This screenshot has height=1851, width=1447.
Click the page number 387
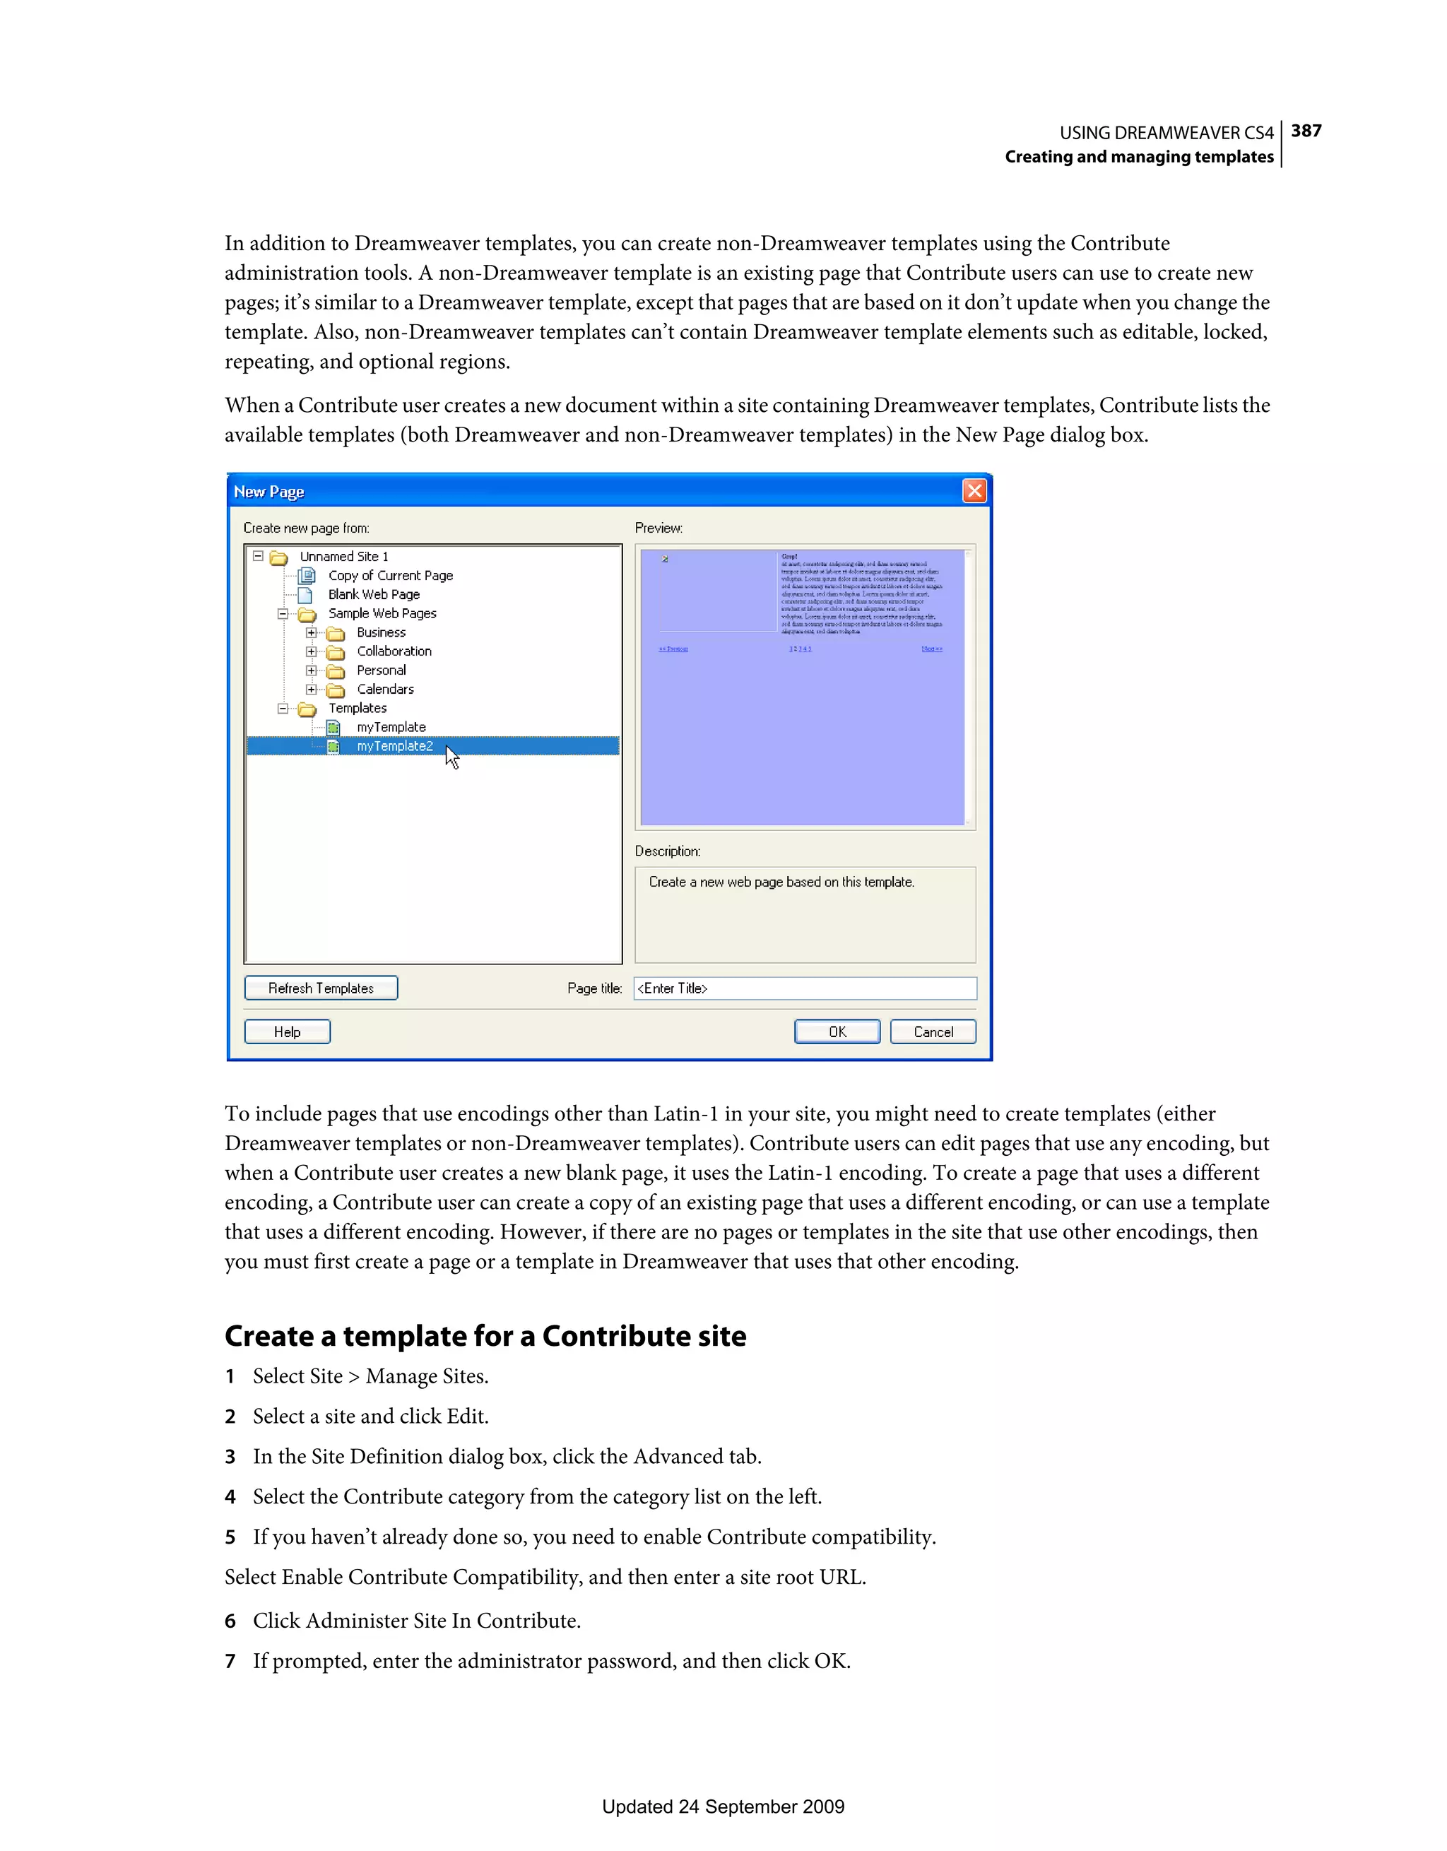coord(1306,131)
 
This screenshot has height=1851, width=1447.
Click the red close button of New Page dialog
coord(974,491)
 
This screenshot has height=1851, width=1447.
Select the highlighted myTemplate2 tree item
coord(394,746)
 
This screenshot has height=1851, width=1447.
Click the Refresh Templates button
coord(321,988)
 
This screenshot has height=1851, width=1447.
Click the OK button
coord(837,1031)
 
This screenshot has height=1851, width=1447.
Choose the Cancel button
coord(933,1031)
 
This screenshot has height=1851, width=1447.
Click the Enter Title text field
coord(805,988)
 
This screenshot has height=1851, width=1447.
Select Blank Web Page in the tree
coord(374,594)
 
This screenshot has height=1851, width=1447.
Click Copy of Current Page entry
coord(390,576)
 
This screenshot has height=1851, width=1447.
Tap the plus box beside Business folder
coord(311,633)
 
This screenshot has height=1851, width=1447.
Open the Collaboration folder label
coord(394,651)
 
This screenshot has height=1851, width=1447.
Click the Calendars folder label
coord(385,689)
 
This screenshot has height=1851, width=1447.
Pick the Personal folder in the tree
coord(381,670)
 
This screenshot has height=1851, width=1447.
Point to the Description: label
coord(667,851)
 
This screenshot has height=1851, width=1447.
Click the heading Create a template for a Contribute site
coord(485,1336)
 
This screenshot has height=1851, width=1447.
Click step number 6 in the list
coord(230,1621)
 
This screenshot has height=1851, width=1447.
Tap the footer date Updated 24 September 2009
coord(723,1806)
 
